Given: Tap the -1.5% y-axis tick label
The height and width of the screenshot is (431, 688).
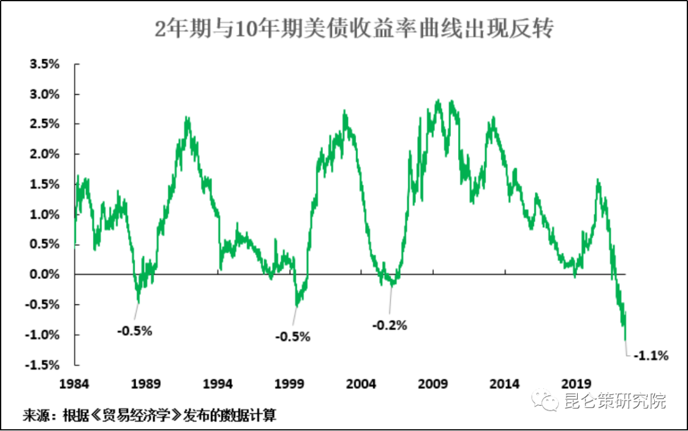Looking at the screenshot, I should (x=43, y=365).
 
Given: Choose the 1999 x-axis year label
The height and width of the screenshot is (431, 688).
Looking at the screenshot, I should (x=290, y=384).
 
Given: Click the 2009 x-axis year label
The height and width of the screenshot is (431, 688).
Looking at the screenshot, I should (x=433, y=384).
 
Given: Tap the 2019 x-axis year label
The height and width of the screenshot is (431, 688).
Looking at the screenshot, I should (x=577, y=384).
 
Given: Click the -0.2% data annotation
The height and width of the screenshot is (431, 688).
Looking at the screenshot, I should (x=389, y=325).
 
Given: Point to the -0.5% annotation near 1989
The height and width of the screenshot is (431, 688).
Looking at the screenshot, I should (x=135, y=330).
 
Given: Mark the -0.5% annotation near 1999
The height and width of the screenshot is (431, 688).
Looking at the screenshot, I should (x=292, y=336).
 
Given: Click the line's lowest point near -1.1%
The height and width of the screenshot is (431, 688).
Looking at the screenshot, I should (x=626, y=340).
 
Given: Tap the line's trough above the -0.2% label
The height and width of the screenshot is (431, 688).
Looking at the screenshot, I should (x=391, y=286).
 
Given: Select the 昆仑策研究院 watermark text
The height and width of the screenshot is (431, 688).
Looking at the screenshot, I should (x=615, y=401).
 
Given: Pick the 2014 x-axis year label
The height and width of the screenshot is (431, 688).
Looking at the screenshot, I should (x=505, y=384).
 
